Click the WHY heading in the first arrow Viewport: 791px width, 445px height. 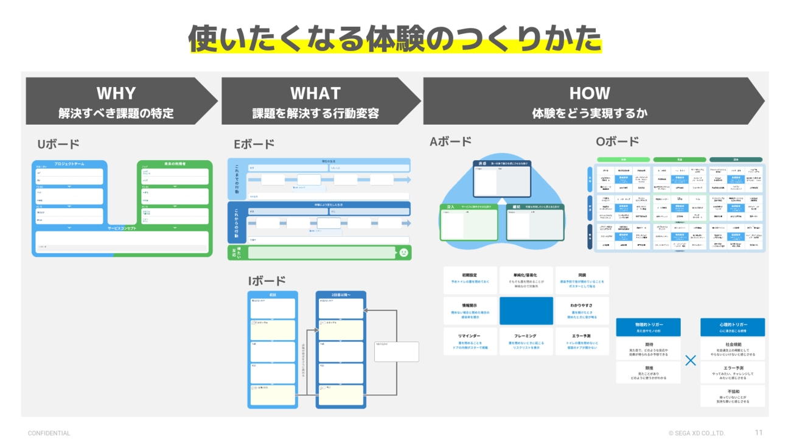[x=116, y=93]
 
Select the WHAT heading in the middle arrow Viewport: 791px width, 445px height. [x=315, y=93]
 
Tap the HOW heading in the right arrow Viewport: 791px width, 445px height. [x=589, y=93]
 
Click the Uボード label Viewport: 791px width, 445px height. [x=58, y=144]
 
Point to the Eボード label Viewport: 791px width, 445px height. [x=254, y=144]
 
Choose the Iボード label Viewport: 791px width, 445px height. [x=267, y=281]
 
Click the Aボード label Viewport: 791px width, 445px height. [x=450, y=141]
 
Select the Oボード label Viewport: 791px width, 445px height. [x=617, y=141]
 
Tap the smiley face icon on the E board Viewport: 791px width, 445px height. [x=403, y=253]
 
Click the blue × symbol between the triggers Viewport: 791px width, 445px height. [x=690, y=360]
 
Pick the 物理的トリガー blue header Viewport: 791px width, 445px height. [x=648, y=327]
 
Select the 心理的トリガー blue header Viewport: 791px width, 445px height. [x=732, y=327]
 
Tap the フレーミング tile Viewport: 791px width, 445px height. [x=526, y=340]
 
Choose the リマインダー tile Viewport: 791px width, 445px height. [x=470, y=340]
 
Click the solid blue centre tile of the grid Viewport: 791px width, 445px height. [x=526, y=310]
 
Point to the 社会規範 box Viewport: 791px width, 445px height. [x=732, y=348]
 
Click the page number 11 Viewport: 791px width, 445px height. [x=758, y=433]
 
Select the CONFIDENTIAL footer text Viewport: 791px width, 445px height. [x=49, y=433]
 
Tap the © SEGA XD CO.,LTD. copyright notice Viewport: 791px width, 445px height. [x=697, y=433]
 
